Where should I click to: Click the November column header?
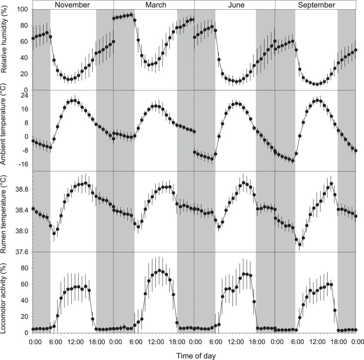coord(73,5)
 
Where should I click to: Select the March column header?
coord(154,5)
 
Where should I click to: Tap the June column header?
coord(234,5)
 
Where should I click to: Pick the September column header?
coord(315,5)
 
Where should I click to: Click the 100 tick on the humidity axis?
coord(22,10)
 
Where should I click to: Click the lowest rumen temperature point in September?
coord(299,244)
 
